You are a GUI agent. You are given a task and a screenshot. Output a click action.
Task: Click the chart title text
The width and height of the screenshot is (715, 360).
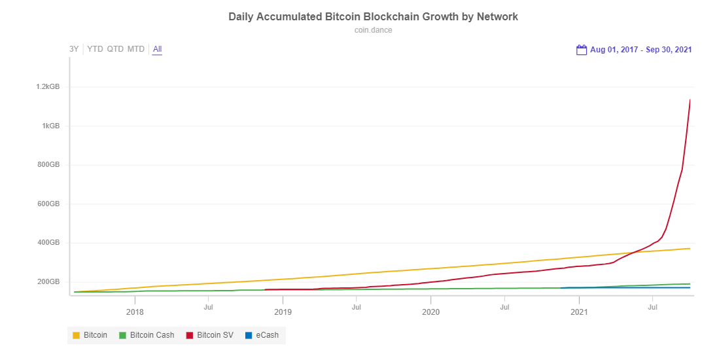click(x=373, y=16)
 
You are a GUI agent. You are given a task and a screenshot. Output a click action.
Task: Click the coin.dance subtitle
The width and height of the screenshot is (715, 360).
click(x=373, y=30)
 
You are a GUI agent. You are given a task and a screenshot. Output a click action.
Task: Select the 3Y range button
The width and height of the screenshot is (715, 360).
click(x=74, y=49)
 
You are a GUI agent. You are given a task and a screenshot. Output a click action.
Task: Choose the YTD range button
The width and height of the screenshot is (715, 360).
click(x=95, y=49)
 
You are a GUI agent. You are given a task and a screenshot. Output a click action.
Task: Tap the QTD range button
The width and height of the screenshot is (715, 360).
click(x=115, y=49)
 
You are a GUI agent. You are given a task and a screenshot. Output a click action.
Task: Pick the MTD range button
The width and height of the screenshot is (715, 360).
click(x=136, y=49)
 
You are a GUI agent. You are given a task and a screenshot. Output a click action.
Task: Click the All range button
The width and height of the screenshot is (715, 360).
click(x=157, y=49)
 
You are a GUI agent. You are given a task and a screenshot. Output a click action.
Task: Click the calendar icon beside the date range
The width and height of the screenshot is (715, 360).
click(x=582, y=50)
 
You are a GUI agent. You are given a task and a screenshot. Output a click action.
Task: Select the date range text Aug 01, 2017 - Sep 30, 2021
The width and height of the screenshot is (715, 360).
click(x=640, y=50)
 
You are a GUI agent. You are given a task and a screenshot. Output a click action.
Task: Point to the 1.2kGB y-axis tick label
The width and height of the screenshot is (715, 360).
click(x=48, y=86)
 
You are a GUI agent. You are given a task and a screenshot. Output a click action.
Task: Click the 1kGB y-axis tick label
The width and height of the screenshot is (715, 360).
click(x=51, y=126)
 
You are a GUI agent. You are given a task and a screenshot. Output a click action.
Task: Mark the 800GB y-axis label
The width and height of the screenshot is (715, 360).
click(x=48, y=165)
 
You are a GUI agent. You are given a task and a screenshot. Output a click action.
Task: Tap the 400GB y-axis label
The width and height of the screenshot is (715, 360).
click(x=48, y=243)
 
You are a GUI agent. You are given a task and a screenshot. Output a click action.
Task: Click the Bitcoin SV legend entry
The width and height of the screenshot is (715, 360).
click(x=209, y=335)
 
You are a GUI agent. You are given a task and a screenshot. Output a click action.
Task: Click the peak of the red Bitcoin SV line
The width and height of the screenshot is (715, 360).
click(x=690, y=100)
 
